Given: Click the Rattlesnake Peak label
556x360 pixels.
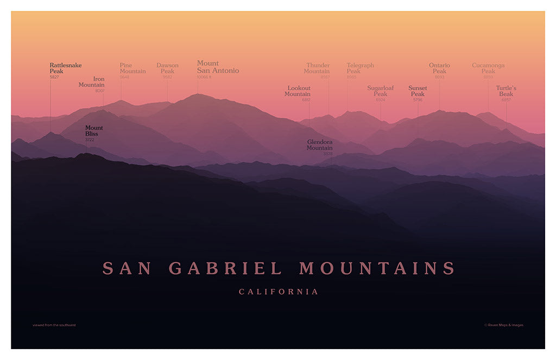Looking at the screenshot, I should click(x=65, y=68).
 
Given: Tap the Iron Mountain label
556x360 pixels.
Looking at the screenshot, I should click(x=92, y=82).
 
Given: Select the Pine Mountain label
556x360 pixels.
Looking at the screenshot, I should click(x=132, y=68).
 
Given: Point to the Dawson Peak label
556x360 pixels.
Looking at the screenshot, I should click(x=167, y=68).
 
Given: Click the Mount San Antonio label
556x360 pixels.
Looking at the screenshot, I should click(x=217, y=67).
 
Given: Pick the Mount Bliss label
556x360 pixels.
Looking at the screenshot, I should click(x=93, y=131).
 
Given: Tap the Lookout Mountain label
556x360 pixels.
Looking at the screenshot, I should click(x=298, y=91).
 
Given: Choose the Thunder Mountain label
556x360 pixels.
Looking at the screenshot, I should click(x=317, y=68).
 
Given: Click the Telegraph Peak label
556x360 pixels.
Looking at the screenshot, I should click(x=360, y=68).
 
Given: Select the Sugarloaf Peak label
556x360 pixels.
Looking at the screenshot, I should click(x=380, y=91).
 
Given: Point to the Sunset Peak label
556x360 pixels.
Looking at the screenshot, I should click(x=418, y=91).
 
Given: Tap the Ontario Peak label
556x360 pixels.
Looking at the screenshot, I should click(x=439, y=68).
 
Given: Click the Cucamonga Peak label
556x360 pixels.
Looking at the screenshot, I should click(x=488, y=68).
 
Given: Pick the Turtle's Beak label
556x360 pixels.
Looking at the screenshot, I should click(x=506, y=91).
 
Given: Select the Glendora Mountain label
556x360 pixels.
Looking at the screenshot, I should click(x=319, y=145).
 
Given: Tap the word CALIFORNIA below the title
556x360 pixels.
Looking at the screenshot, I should click(x=279, y=292).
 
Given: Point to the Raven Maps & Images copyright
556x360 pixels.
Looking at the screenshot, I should click(x=504, y=325).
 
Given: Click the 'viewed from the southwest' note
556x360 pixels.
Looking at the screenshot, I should click(x=54, y=325).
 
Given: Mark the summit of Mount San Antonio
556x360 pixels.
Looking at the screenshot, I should click(x=198, y=94).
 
